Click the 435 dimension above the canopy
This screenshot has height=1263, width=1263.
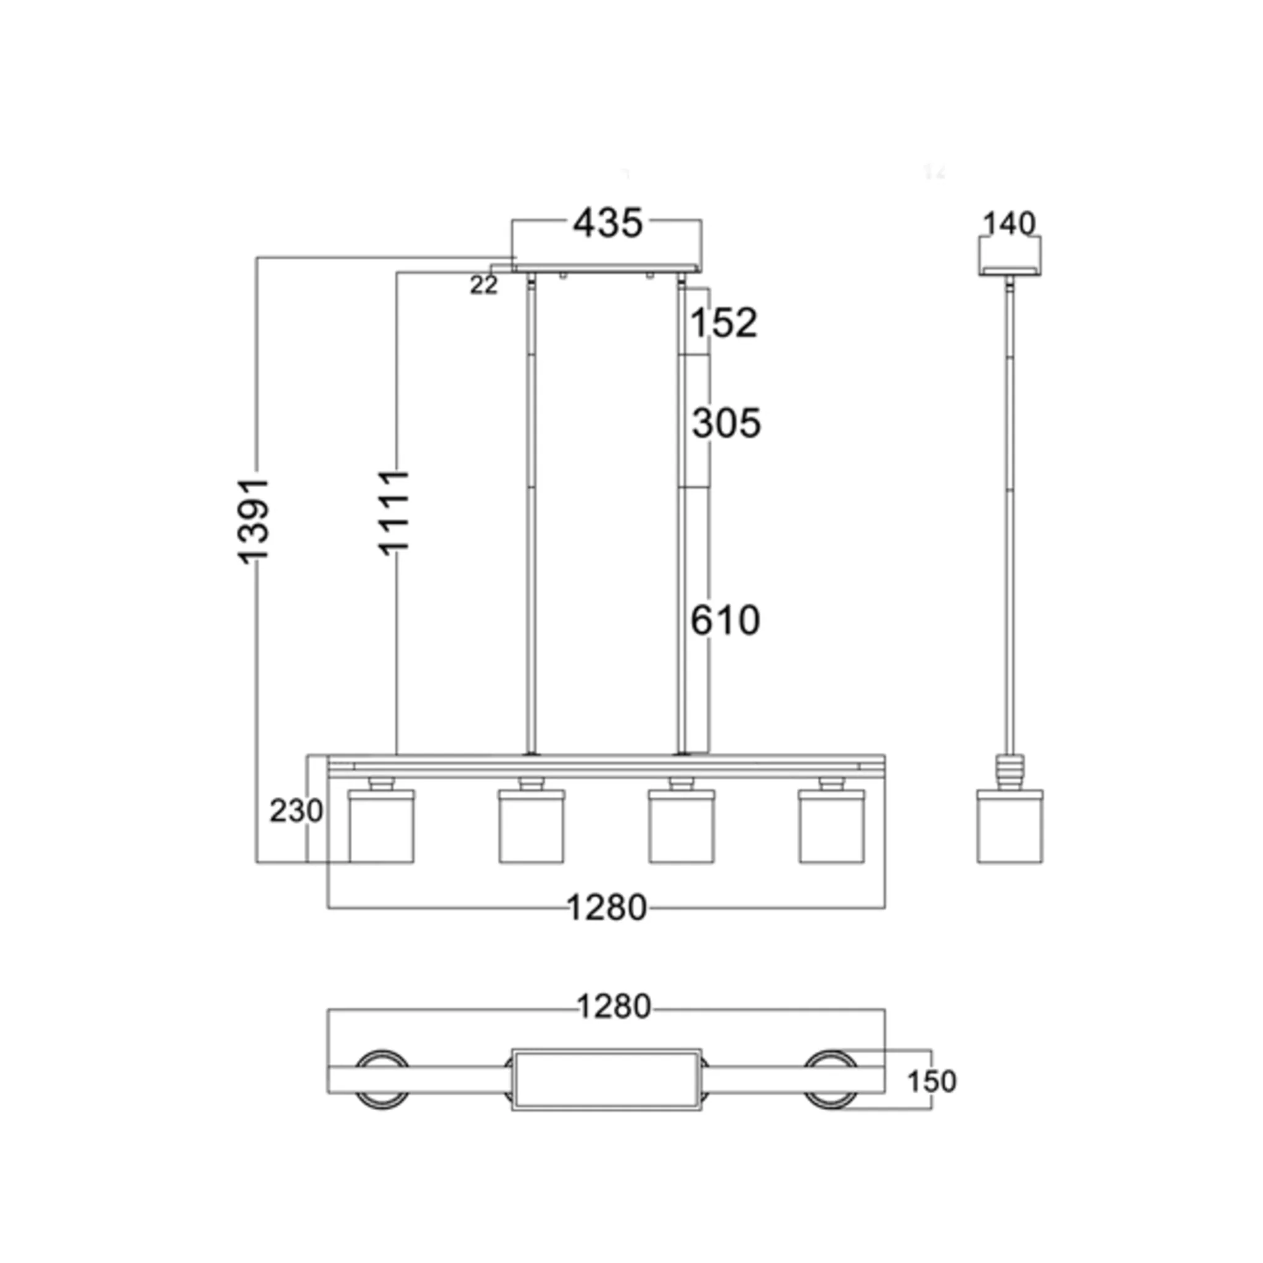607,224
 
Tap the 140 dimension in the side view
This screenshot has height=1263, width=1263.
1010,224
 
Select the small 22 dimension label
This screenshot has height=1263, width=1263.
483,285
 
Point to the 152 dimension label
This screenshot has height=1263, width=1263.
723,323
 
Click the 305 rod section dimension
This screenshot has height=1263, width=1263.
726,423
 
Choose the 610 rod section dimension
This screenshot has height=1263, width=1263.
726,620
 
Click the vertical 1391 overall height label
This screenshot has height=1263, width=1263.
253,521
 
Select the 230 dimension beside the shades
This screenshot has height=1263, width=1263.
296,812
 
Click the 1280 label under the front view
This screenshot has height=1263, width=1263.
607,907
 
